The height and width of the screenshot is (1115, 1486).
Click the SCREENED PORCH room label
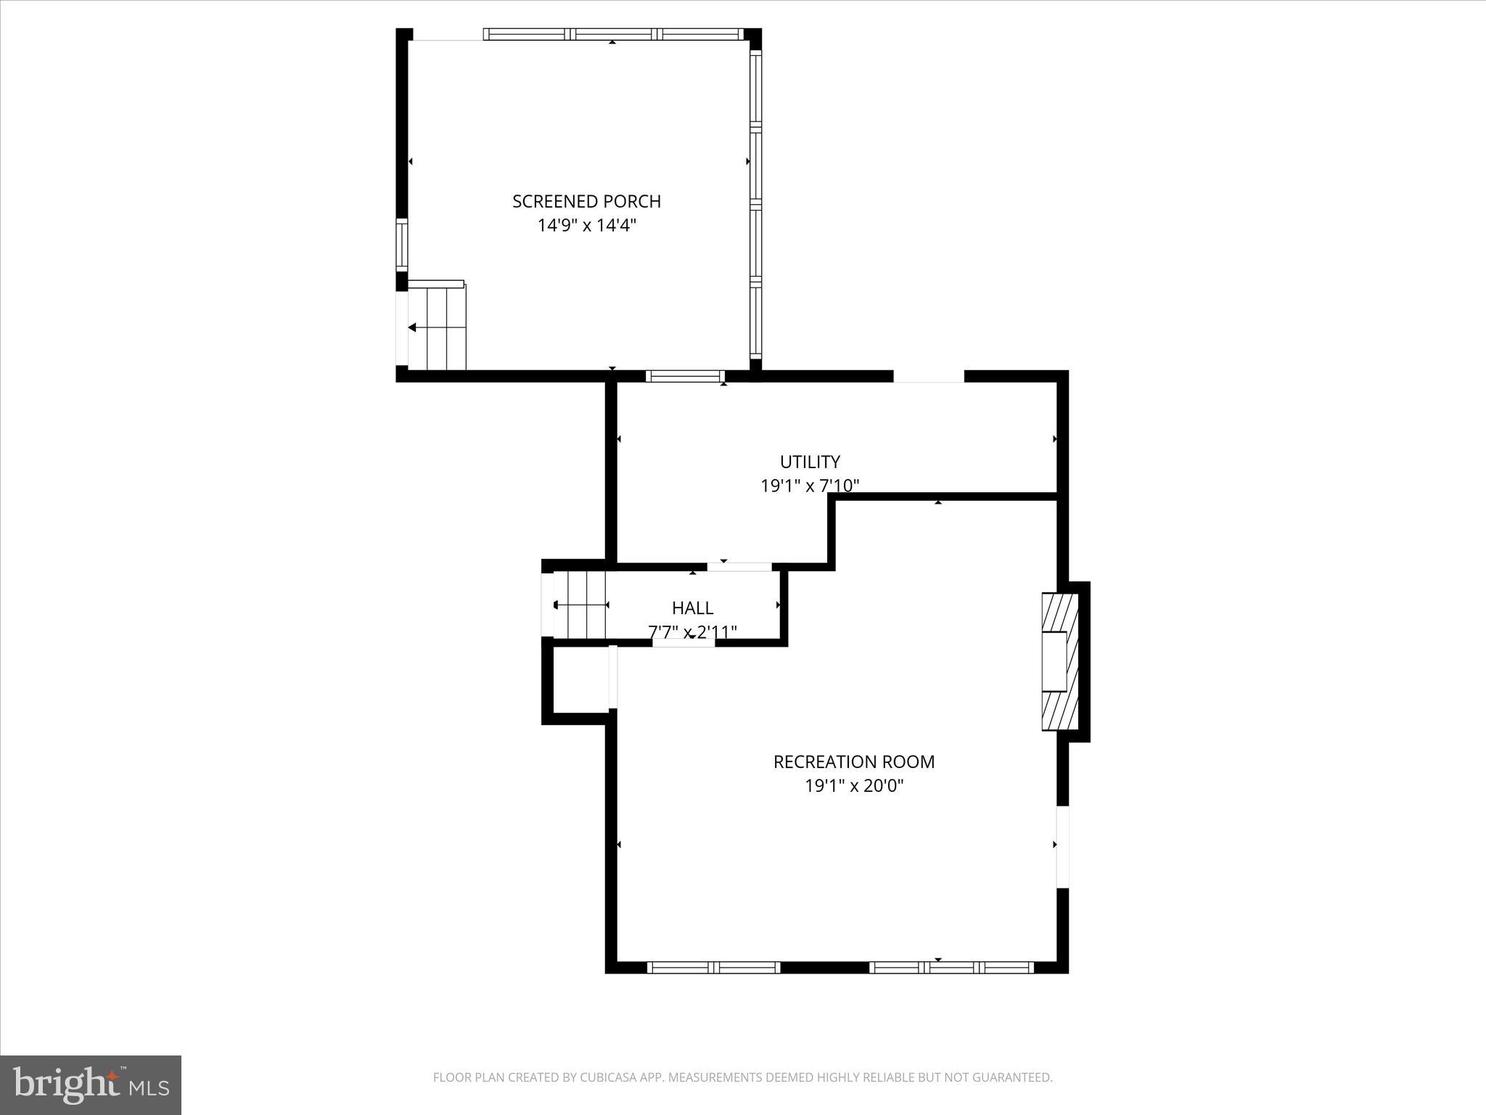tap(586, 201)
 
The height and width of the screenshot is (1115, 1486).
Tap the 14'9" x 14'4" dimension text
tap(586, 226)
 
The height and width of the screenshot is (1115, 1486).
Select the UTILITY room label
tap(810, 462)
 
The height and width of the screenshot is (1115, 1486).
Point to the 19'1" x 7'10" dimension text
tap(810, 486)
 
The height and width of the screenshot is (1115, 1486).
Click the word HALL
tap(692, 608)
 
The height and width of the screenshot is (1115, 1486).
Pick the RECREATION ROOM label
tap(854, 761)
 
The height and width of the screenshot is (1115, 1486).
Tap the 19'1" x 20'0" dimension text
tap(854, 785)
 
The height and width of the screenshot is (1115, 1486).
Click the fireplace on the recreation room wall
tap(1059, 661)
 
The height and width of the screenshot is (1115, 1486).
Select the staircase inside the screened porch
tap(437, 328)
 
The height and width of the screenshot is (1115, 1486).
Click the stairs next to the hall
tap(580, 605)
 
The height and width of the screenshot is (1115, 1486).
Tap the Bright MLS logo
tap(91, 1085)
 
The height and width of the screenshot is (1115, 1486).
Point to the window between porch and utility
tap(685, 376)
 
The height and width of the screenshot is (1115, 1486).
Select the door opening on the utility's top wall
tap(929, 376)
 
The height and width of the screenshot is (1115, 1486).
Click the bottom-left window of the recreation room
tap(713, 967)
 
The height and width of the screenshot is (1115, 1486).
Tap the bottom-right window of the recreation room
tap(951, 967)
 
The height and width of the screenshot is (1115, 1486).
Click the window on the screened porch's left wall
tap(401, 245)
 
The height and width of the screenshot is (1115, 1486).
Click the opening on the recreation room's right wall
tap(1062, 847)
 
